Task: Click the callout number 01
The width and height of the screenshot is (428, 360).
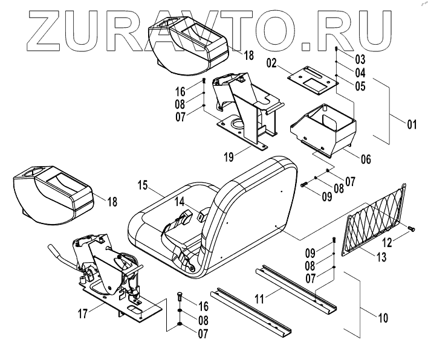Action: [x=412, y=125]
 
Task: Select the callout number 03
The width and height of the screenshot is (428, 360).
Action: [x=360, y=59]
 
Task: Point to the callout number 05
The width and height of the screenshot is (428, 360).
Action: [x=360, y=86]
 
